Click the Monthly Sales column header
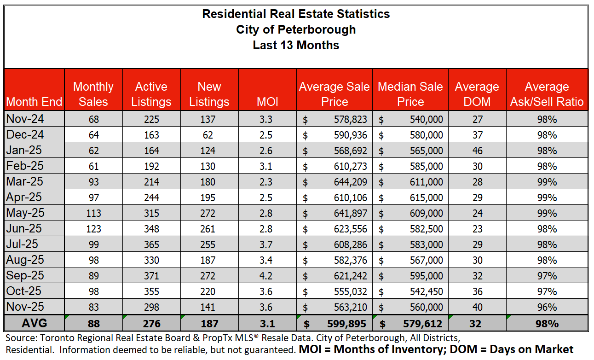point(93,94)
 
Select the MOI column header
point(267,102)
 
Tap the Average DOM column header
point(477,94)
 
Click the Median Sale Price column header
point(410,94)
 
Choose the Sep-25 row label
point(25,276)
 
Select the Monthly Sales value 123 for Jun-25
point(93,229)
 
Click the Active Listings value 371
point(151,276)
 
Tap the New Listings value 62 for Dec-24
point(209,135)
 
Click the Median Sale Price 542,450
point(426,291)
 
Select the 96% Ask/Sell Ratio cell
point(547,307)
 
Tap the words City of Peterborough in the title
point(296,29)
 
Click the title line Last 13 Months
point(296,45)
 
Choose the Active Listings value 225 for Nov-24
point(151,119)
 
